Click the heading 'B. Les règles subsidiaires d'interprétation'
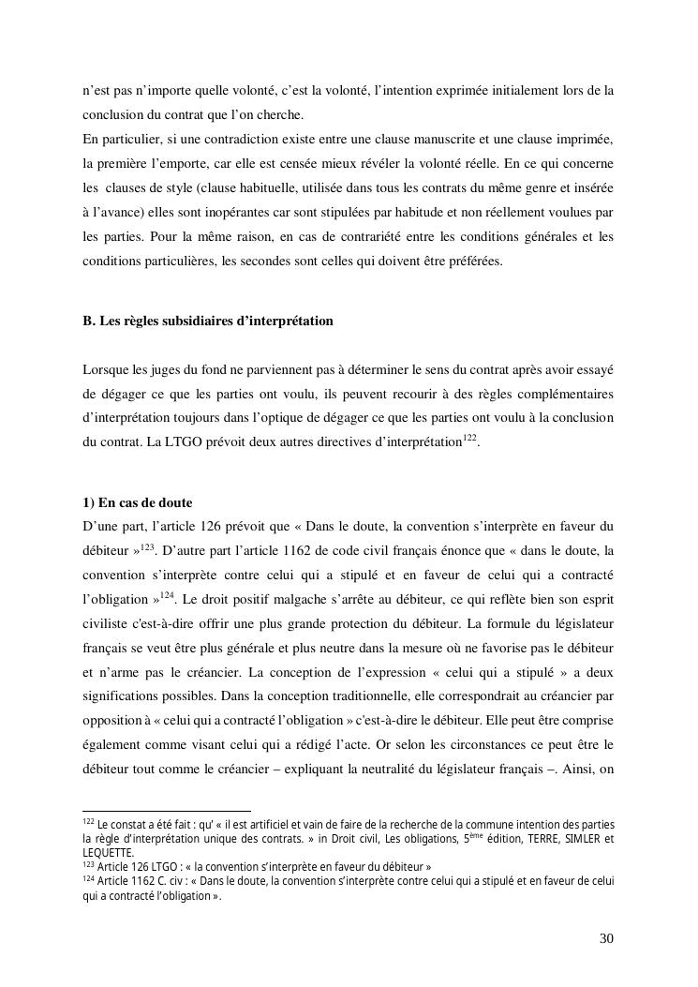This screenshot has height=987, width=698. tap(208, 321)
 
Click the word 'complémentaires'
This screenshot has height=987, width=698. tap(561, 391)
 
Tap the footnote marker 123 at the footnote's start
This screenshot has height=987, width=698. tap(89, 864)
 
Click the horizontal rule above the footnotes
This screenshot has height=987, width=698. tap(167, 811)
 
